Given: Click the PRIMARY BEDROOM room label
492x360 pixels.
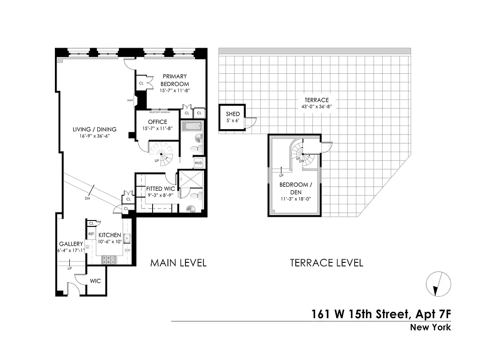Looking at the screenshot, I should (x=175, y=80).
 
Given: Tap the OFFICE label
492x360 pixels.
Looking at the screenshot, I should (x=158, y=122).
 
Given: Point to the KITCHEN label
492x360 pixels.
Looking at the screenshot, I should (x=110, y=235).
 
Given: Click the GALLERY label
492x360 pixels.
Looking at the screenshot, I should (x=70, y=244).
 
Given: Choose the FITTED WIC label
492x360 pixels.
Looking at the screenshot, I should (x=160, y=189).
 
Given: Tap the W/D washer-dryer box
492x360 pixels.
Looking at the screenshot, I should (x=198, y=162).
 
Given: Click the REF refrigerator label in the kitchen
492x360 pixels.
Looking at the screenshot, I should (x=91, y=234).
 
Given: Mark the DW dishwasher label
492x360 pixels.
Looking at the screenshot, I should (x=127, y=250).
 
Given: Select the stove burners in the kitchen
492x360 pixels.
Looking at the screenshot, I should (x=109, y=260).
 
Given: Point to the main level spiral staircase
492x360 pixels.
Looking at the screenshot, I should (x=161, y=153).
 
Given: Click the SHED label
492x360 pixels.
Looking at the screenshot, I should (x=233, y=114).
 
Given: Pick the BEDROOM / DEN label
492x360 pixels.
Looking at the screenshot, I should (x=294, y=189).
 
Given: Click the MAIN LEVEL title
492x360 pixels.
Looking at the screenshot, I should (x=178, y=263).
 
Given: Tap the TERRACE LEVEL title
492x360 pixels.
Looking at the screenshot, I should (x=326, y=263).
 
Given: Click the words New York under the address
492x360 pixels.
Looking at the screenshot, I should (x=430, y=327).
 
